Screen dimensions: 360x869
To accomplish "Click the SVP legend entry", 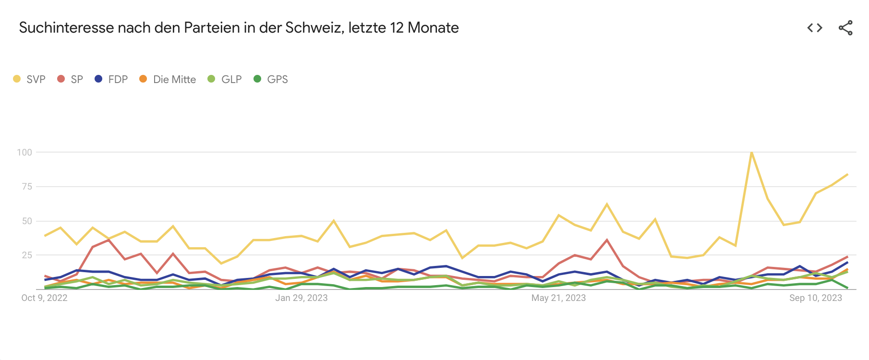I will tap(30, 79).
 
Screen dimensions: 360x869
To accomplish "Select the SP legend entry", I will tap(71, 79).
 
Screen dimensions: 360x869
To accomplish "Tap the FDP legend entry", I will tap(111, 79).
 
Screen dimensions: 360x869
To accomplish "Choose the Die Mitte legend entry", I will tap(168, 79).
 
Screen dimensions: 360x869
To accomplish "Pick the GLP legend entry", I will tap(225, 79).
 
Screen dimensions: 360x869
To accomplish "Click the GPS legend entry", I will tap(271, 79).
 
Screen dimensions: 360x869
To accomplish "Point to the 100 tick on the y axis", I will tap(24, 152).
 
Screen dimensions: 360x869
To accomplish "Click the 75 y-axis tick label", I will tap(27, 186).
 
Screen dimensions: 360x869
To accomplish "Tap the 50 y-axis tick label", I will tap(27, 221).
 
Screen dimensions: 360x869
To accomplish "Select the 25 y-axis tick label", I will tap(27, 255).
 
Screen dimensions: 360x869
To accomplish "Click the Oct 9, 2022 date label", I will tap(44, 298).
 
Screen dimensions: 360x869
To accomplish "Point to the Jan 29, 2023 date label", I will tap(302, 298).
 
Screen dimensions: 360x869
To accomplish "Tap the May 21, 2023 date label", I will tap(558, 298).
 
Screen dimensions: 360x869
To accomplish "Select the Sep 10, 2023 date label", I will tap(816, 298).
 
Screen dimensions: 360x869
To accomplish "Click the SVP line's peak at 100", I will tap(751, 152).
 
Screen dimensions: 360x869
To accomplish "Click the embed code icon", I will tap(815, 28).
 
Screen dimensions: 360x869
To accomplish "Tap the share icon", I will tap(845, 28).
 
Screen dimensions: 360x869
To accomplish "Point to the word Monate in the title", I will tap(433, 28).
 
